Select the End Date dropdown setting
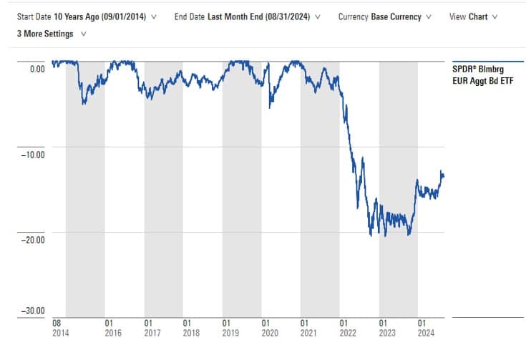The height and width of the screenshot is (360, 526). (x=248, y=16)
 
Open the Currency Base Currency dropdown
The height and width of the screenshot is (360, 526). (x=385, y=16)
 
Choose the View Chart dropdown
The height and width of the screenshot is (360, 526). (x=473, y=16)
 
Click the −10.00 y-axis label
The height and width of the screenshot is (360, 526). (x=31, y=154)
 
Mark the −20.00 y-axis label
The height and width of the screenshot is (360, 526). (x=31, y=239)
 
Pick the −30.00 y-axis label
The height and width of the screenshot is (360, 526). (x=31, y=311)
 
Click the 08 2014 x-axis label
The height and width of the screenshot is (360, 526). (x=62, y=327)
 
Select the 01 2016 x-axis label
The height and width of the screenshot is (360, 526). (x=112, y=327)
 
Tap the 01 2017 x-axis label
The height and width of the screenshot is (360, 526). (x=152, y=327)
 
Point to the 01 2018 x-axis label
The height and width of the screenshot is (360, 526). (x=191, y=327)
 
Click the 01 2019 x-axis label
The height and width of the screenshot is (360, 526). (x=230, y=327)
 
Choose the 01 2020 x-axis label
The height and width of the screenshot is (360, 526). (x=270, y=327)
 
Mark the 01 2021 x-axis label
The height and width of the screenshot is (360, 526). (x=309, y=327)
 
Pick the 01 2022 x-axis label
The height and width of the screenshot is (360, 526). (x=349, y=327)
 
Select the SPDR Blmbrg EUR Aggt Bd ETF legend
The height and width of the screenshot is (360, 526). (x=482, y=75)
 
